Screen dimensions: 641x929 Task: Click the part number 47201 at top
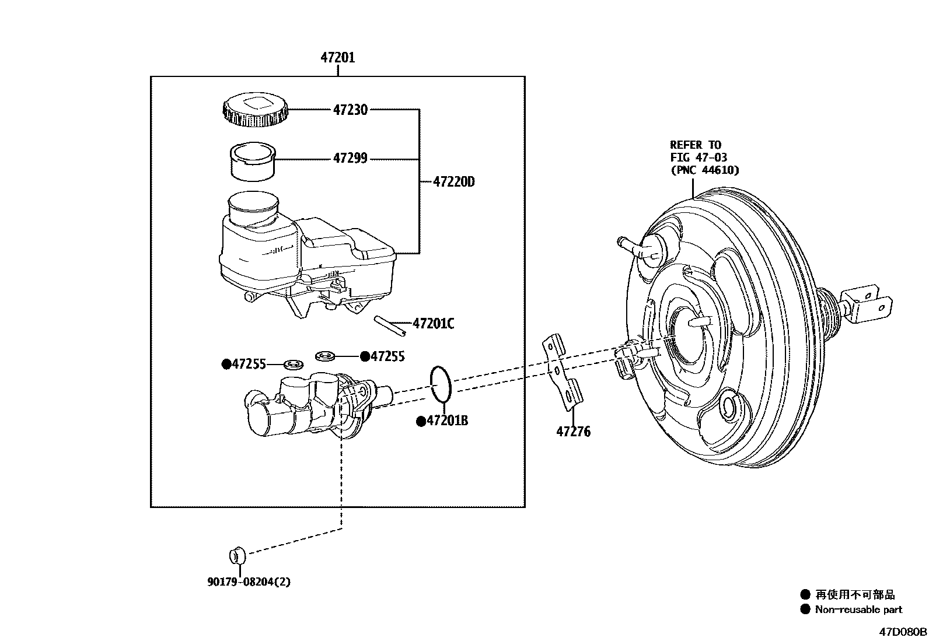[x=337, y=58]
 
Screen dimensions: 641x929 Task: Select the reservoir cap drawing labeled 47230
[x=255, y=110]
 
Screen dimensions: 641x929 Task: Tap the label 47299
[x=350, y=159]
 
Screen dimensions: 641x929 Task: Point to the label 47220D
[x=453, y=182]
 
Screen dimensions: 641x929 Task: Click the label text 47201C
[x=433, y=324]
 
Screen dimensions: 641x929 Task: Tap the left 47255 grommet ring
[x=294, y=365]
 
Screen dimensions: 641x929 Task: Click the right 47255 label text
[x=387, y=356]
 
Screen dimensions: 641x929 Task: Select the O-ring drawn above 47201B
[x=441, y=384]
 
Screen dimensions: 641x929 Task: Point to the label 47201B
[x=446, y=421]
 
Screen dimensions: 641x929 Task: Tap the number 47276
[x=573, y=432]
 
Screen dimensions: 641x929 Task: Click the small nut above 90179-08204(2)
[x=236, y=555]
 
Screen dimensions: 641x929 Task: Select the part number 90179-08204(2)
[x=248, y=582]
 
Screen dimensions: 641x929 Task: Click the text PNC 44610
[x=704, y=170]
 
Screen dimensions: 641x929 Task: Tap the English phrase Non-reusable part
[x=858, y=610]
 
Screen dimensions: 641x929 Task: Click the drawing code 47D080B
[x=903, y=632]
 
